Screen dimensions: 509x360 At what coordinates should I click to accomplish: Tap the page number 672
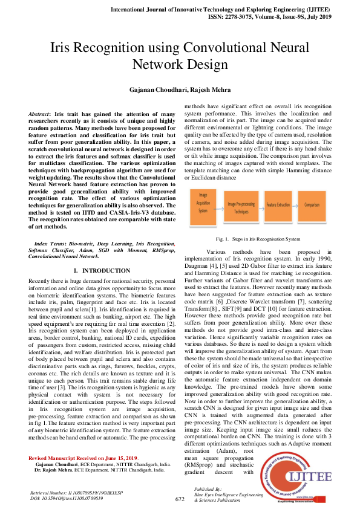tap(180, 499)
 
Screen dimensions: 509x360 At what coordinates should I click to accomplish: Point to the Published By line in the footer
tap(209, 488)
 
